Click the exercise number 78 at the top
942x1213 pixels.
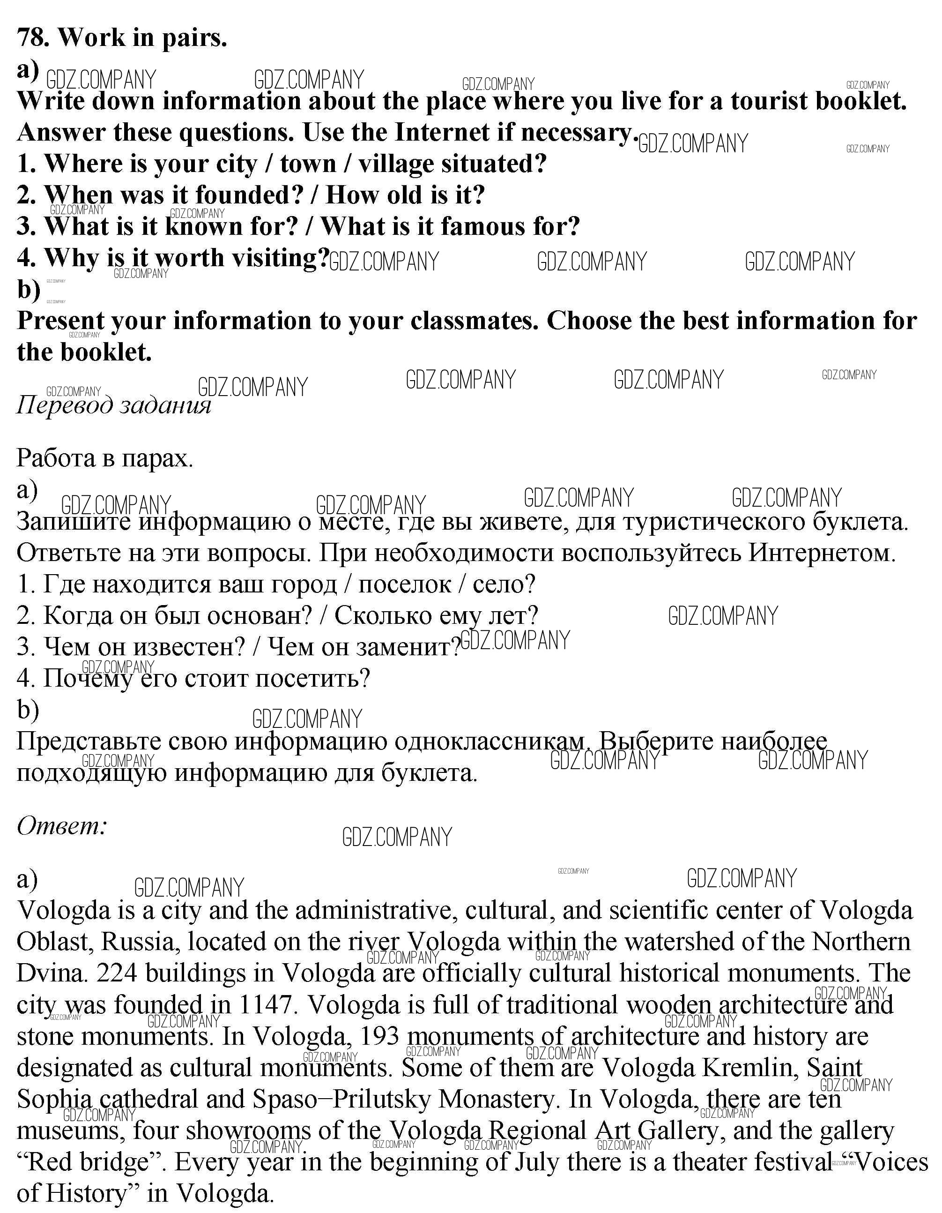(x=32, y=38)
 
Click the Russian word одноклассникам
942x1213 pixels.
(x=489, y=741)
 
